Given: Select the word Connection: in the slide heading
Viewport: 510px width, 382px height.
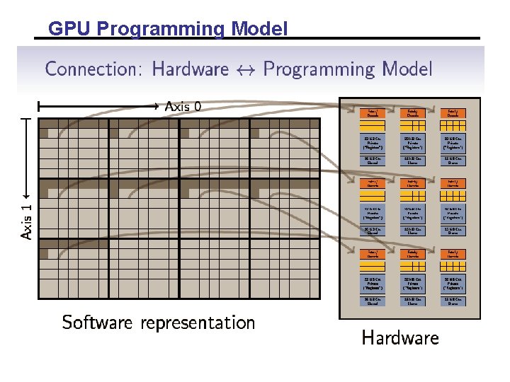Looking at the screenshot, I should [x=94, y=69].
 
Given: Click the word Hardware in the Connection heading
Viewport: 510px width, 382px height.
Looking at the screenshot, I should [x=191, y=69].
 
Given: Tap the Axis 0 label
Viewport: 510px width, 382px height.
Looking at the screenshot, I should [x=183, y=107].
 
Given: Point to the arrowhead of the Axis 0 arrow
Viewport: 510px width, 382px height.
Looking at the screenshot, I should [x=157, y=107].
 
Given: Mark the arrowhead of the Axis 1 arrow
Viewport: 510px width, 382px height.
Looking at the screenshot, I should [x=27, y=193].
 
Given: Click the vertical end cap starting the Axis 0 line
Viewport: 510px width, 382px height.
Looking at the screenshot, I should [x=40, y=107].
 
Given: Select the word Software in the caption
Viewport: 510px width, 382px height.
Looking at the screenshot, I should [x=97, y=323].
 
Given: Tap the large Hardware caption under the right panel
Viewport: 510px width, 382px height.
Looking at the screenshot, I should [x=400, y=338].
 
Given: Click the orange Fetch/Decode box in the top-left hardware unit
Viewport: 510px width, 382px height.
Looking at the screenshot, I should [x=370, y=112].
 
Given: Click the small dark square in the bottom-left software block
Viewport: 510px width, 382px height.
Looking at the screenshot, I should [x=44, y=244].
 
